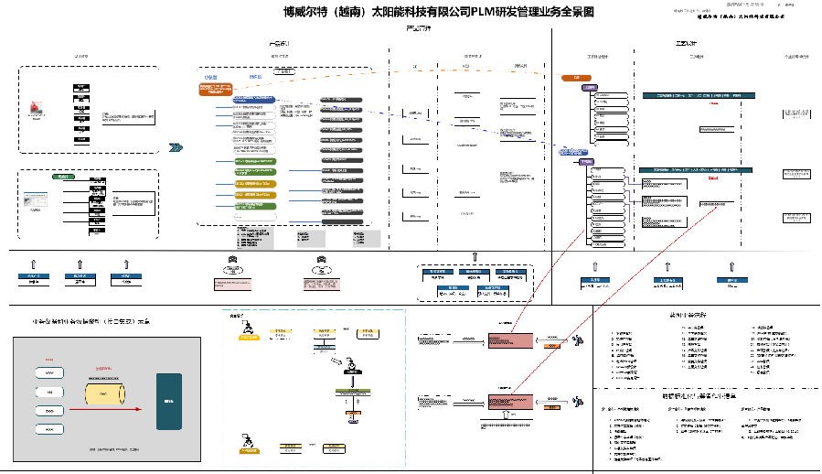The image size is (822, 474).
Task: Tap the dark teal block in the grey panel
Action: point(168,401)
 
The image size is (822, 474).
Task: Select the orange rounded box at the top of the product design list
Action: point(212,90)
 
